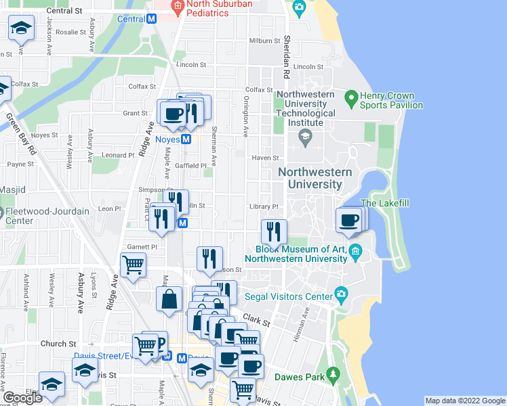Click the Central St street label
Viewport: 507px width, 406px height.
65,11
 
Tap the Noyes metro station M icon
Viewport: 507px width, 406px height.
186,139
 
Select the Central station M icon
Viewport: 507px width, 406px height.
153,19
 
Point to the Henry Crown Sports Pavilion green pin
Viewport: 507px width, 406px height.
350,99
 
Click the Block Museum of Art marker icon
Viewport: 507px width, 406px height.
357,253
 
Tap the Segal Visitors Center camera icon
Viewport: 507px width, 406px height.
341,296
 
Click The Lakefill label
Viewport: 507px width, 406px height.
385,203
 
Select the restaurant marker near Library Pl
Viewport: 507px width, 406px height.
273,232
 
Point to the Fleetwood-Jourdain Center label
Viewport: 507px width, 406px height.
47,216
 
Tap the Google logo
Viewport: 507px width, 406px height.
22,398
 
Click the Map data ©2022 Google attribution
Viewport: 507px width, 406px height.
464,401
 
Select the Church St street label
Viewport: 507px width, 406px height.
54,344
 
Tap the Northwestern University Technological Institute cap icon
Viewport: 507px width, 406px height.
305,137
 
